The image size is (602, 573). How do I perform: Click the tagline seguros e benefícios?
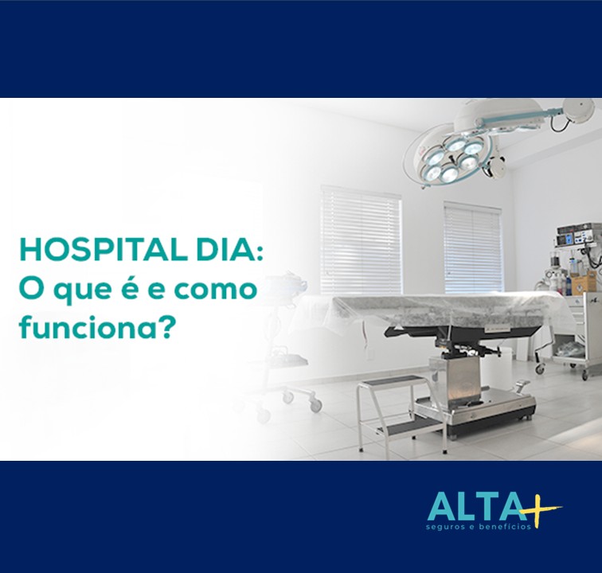pyautogui.click(x=479, y=527)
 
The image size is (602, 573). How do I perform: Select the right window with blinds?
pyautogui.click(x=473, y=247)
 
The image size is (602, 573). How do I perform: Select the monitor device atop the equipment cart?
pyautogui.click(x=575, y=236)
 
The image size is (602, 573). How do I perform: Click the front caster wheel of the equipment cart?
pyautogui.click(x=540, y=368)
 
